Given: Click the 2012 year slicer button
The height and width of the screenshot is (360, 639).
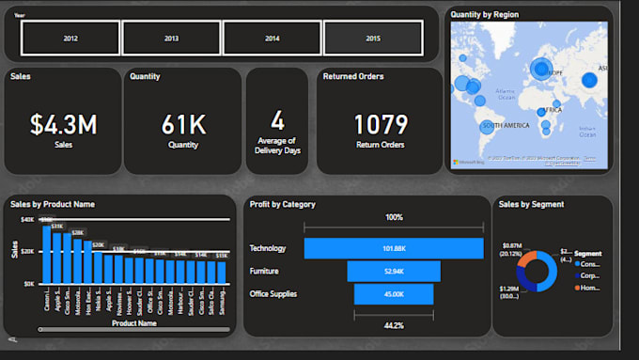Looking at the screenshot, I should point(70,39).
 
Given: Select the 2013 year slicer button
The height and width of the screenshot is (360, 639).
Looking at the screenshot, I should point(171,39).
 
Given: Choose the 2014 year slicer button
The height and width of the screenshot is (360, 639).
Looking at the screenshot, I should point(272,39).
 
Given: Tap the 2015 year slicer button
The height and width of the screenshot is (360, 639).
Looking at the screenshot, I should point(373,39).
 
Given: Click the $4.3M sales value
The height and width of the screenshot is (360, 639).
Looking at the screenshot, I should point(63,124).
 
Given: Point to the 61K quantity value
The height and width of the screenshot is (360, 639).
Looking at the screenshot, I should point(183,124).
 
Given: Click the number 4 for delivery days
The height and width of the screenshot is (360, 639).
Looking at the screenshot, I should point(277,119).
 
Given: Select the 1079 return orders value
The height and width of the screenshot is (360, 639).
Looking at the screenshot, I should point(381,124).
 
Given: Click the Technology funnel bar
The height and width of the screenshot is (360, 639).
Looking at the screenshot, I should point(394,248).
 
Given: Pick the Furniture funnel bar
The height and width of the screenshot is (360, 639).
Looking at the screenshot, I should point(394,272).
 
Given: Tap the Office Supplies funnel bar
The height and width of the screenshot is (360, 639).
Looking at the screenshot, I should point(394,294).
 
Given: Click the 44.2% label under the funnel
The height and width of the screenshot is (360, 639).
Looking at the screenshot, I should point(394,325).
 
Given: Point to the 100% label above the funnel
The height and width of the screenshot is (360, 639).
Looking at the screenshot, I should point(394,217).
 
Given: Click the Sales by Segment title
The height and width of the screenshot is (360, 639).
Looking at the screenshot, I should point(531,204).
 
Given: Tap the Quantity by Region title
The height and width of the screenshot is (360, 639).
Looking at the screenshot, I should point(484,14).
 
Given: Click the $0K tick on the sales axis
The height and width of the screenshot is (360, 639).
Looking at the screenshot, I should point(29,283).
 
